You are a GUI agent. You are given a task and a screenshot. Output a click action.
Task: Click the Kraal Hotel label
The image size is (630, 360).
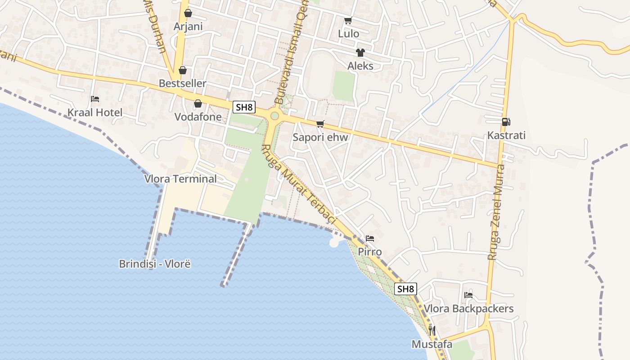pyautogui.click(x=95, y=112)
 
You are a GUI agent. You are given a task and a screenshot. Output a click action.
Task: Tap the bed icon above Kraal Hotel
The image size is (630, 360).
pyautogui.click(x=95, y=99)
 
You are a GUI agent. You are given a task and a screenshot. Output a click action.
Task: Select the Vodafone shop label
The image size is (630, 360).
pyautogui.click(x=198, y=117)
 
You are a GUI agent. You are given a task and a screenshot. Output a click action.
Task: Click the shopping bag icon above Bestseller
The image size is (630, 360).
pyautogui.click(x=182, y=70)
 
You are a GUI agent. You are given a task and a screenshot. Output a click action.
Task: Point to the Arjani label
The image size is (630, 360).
pyautogui.click(x=188, y=27)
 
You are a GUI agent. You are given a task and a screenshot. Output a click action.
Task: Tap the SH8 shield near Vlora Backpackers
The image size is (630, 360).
pyautogui.click(x=405, y=289)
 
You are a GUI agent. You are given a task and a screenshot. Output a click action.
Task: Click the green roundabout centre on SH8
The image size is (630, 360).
pyautogui.click(x=274, y=116)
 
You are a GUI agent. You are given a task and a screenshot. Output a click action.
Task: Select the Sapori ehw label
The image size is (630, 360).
pyautogui.click(x=320, y=137)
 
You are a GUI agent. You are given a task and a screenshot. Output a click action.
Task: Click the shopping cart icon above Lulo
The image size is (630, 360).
pyautogui.click(x=348, y=21)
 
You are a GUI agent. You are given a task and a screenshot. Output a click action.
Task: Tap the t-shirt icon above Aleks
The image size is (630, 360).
pyautogui.click(x=360, y=53)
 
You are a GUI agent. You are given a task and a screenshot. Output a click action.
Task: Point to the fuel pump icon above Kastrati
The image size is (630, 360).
pyautogui.click(x=506, y=122)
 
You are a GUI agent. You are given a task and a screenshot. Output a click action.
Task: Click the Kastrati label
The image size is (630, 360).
pyautogui.click(x=506, y=135)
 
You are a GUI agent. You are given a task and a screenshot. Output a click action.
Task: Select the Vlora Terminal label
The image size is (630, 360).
pyautogui.click(x=180, y=179)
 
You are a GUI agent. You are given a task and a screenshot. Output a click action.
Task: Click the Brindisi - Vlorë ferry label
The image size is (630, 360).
pyautogui.click(x=155, y=264)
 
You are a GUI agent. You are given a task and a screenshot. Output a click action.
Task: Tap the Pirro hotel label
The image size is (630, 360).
pyautogui.click(x=370, y=252)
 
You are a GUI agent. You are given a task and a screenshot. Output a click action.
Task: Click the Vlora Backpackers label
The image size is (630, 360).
pyautogui.click(x=468, y=309)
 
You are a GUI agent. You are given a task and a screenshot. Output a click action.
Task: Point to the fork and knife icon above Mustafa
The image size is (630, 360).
pyautogui.click(x=432, y=331)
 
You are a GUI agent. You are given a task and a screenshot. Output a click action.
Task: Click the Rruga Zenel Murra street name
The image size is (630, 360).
pyautogui.click(x=497, y=211)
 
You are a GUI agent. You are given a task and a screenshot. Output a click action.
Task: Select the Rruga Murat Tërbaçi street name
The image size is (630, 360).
pyautogui.click(x=298, y=184)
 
